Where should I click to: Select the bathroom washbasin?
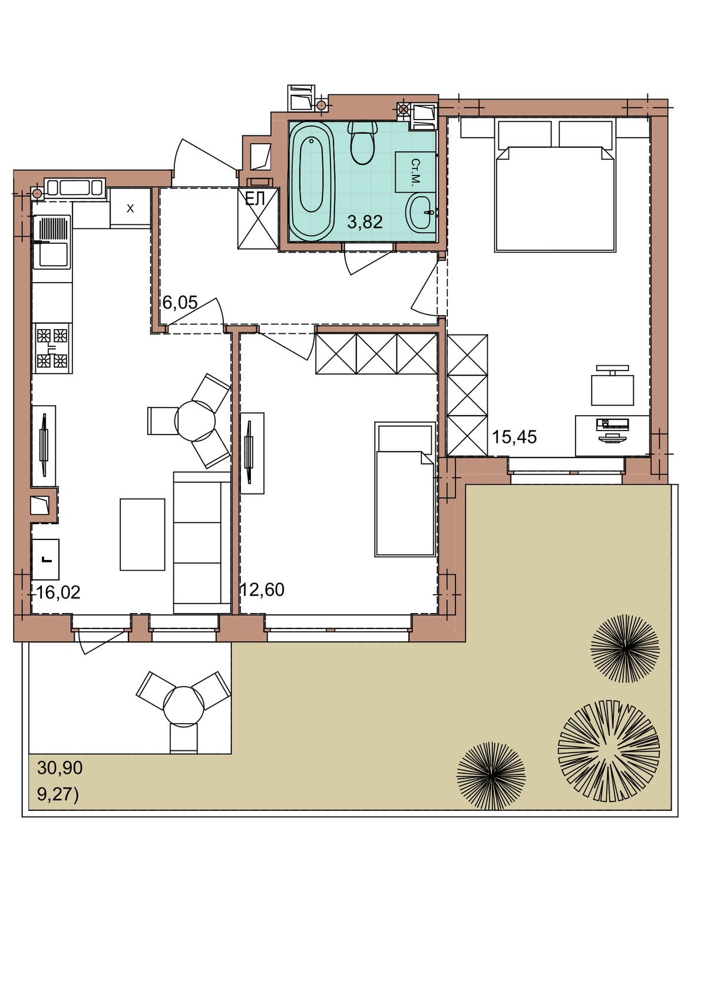tap(420, 213)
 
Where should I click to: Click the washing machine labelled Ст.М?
tap(415, 171)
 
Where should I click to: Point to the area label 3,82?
tap(365, 222)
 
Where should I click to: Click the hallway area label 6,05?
tap(180, 302)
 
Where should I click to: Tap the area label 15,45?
tap(514, 437)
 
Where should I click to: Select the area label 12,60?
tap(262, 590)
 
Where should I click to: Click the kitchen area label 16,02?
tap(58, 592)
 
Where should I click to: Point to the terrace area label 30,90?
tap(60, 767)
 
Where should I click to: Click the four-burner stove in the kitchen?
tap(52, 348)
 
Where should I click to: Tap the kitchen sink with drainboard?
tap(52, 242)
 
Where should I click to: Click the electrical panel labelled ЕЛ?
tap(258, 218)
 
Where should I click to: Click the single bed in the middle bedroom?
tap(405, 489)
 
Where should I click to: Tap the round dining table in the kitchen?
tap(195, 420)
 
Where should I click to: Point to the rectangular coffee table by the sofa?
tap(143, 534)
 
